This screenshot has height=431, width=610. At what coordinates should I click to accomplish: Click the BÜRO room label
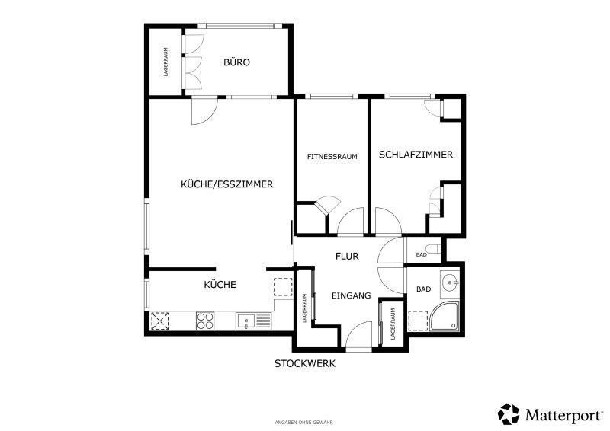[x=236, y=62]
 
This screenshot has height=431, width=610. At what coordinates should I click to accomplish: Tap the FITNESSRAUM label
[x=332, y=157]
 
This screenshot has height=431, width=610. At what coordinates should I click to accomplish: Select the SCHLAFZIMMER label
[x=416, y=155]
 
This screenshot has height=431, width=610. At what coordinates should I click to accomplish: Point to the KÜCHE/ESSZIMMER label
[x=226, y=184]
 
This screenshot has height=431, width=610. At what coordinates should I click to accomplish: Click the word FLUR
[x=347, y=256]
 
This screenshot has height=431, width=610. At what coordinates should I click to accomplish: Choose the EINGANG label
[x=351, y=295]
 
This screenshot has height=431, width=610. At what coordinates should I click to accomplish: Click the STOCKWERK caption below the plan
[x=304, y=364]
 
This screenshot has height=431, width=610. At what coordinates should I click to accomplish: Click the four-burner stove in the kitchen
[x=205, y=321]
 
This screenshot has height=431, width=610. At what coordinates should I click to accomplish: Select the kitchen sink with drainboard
[x=253, y=322]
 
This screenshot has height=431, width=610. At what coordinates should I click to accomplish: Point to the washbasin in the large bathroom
[x=450, y=283]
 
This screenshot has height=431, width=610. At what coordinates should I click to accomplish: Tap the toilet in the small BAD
[x=432, y=248]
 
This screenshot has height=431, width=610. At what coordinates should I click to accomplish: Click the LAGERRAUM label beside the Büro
[x=165, y=62]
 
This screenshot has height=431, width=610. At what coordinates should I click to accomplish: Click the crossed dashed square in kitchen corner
[x=160, y=321]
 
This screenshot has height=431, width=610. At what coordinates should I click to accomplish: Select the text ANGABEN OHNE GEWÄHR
[x=303, y=422]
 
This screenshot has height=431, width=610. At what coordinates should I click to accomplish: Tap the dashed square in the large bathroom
[x=418, y=321]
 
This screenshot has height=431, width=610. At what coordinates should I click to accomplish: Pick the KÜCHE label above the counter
[x=220, y=285]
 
